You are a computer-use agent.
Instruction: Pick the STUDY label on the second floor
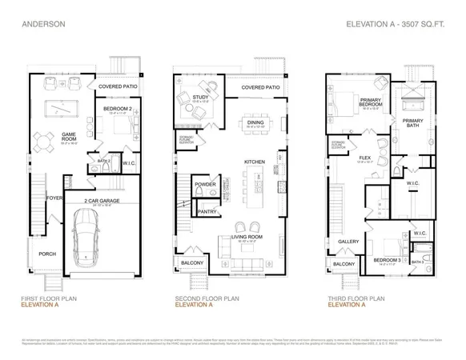pyautogui.click(x=199, y=98)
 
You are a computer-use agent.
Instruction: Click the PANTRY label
pyautogui.click(x=207, y=212)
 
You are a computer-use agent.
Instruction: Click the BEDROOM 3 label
pyautogui.click(x=387, y=259)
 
